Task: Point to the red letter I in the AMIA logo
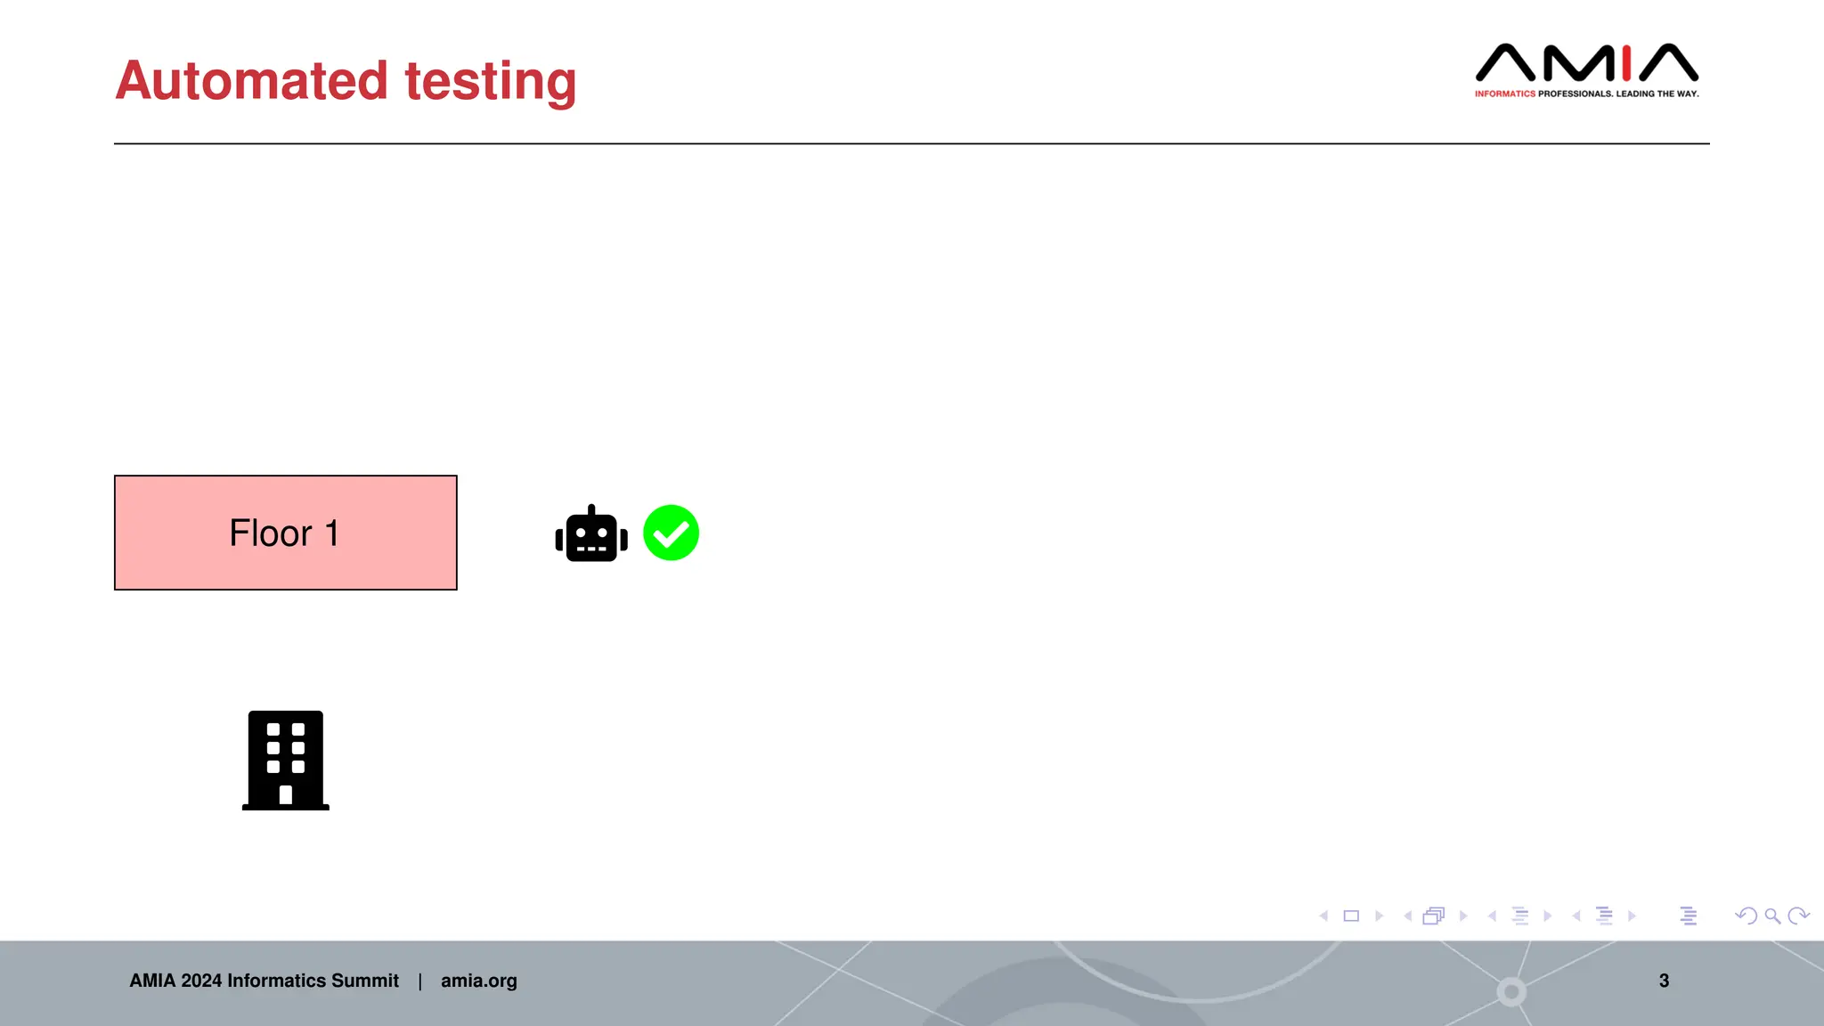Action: pyautogui.click(x=1626, y=62)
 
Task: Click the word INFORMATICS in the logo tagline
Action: pyautogui.click(x=1504, y=94)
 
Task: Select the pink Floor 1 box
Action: pyautogui.click(x=285, y=533)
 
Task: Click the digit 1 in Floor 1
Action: pyautogui.click(x=331, y=533)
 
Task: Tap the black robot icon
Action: pyautogui.click(x=591, y=534)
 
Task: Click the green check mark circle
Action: pyautogui.click(x=671, y=533)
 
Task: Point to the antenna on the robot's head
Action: pyautogui.click(x=591, y=510)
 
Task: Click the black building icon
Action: pyautogui.click(x=285, y=760)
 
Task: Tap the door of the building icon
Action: pyautogui.click(x=286, y=794)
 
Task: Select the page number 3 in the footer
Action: pyautogui.click(x=1664, y=981)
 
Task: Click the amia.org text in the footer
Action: pyautogui.click(x=478, y=981)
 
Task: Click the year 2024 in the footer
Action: pyautogui.click(x=201, y=981)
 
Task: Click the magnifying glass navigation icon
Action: pyautogui.click(x=1772, y=916)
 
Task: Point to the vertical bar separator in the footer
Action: pyautogui.click(x=419, y=981)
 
